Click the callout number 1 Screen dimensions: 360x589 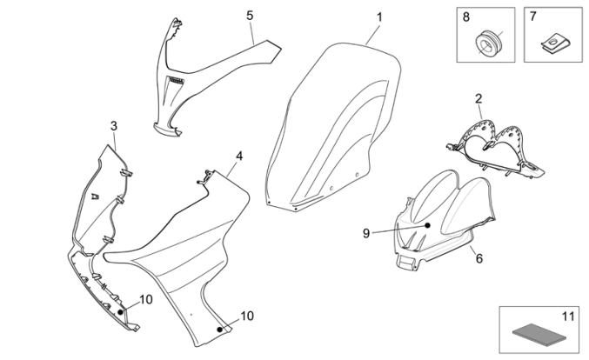point(379,17)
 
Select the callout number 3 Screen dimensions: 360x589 point(114,126)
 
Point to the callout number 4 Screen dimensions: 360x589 point(238,157)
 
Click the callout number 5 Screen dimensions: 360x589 point(250,16)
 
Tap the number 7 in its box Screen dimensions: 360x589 point(533,17)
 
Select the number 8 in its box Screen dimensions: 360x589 point(466,17)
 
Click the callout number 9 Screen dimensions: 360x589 point(366,232)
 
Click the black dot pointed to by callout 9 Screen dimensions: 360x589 point(427,224)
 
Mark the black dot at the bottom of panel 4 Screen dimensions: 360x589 point(220,330)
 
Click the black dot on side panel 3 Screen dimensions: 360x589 point(121,309)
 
